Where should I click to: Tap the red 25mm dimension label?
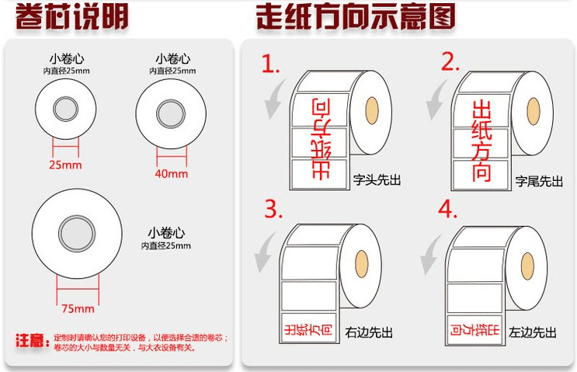click(x=66, y=165)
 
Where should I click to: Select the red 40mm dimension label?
click(x=172, y=173)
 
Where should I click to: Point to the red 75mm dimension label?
click(x=77, y=308)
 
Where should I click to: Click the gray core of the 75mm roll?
click(x=76, y=233)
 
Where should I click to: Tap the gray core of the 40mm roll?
click(x=171, y=114)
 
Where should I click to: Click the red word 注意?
click(x=30, y=341)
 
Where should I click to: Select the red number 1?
click(x=270, y=64)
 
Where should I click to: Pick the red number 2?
click(x=450, y=62)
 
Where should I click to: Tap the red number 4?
click(x=448, y=210)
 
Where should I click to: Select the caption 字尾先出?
click(x=539, y=181)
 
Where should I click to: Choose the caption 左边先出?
click(x=533, y=332)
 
